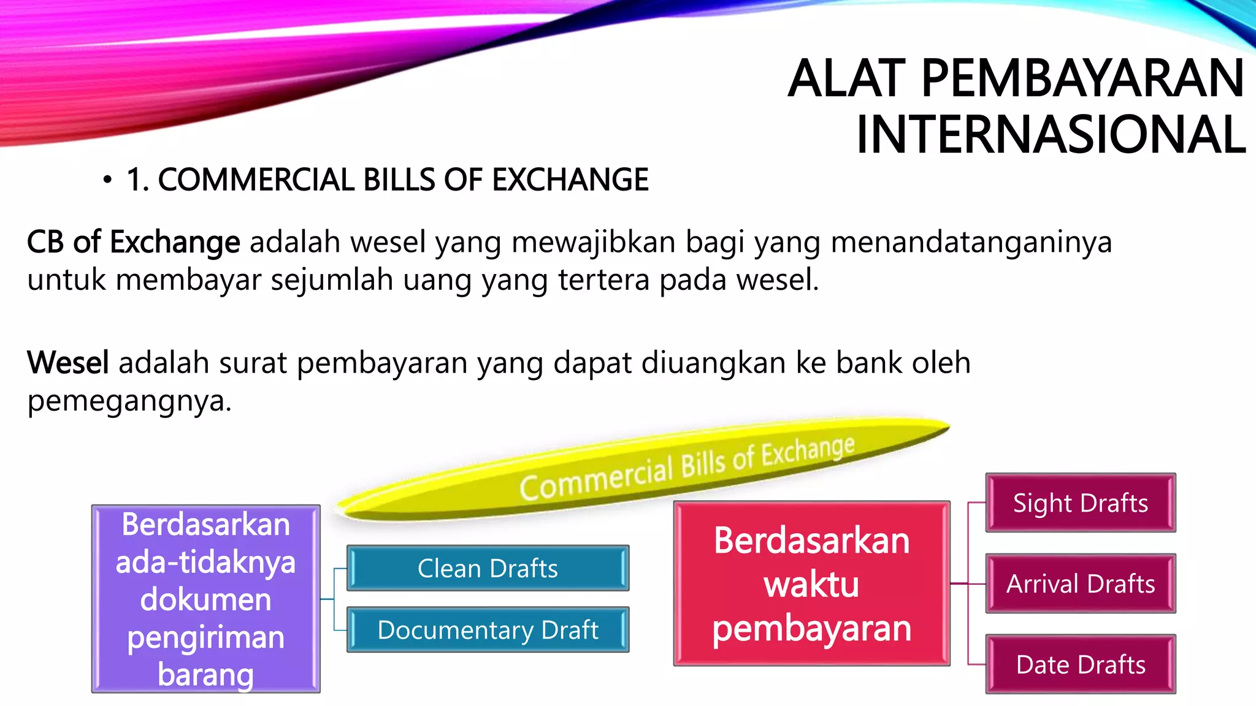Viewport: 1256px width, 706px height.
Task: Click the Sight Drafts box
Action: click(x=1080, y=503)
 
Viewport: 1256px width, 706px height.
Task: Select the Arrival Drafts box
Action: click(x=1080, y=583)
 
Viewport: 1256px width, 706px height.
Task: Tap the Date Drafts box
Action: click(x=1080, y=664)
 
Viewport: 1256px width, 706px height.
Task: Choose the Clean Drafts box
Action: click(x=488, y=568)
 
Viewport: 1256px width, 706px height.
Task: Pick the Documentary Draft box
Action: click(x=488, y=629)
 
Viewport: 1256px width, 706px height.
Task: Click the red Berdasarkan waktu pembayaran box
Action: click(x=811, y=583)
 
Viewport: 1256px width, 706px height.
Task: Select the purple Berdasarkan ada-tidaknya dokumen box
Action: click(x=205, y=599)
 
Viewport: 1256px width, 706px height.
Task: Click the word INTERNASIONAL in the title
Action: click(x=1051, y=135)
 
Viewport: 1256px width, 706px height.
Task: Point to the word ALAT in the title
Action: click(x=846, y=78)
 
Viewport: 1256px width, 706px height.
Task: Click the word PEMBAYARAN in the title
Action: click(x=1082, y=78)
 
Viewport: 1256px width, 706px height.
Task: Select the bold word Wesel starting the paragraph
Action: click(x=68, y=362)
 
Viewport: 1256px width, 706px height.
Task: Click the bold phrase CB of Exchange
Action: click(x=133, y=241)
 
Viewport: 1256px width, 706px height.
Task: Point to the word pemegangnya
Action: click(x=129, y=401)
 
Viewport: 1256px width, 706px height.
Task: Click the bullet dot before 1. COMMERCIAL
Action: click(x=108, y=180)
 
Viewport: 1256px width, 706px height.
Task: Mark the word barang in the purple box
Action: click(x=205, y=674)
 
